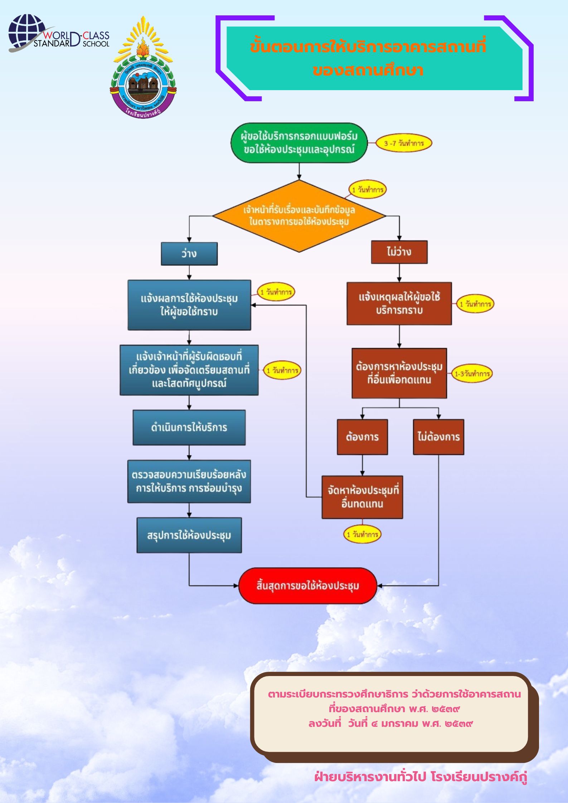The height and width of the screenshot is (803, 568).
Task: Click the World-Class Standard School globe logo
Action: pyautogui.click(x=27, y=33)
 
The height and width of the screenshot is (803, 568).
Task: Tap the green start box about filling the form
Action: pyautogui.click(x=299, y=143)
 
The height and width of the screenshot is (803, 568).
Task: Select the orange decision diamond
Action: pyautogui.click(x=299, y=216)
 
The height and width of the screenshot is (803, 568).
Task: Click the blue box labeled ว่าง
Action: pyautogui.click(x=189, y=254)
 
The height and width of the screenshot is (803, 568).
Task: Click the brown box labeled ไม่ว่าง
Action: pyautogui.click(x=399, y=252)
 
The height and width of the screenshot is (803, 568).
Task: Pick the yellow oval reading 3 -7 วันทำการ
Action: pyautogui.click(x=404, y=143)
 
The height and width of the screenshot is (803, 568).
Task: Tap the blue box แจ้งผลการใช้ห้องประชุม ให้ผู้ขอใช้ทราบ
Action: pyautogui.click(x=189, y=305)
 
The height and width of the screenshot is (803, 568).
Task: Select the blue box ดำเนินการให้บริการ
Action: pyautogui.click(x=189, y=427)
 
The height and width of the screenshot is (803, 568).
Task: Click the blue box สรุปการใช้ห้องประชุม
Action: pyautogui.click(x=189, y=535)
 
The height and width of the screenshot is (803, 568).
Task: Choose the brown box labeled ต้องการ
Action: pyautogui.click(x=362, y=437)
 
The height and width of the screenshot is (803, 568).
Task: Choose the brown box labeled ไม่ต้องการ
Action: pyautogui.click(x=438, y=437)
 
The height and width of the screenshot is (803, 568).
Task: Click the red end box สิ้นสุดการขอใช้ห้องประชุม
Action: pyautogui.click(x=308, y=586)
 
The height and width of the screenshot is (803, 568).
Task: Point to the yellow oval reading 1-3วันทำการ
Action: pyautogui.click(x=472, y=374)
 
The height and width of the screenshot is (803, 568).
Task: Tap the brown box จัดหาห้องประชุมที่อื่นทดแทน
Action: pyautogui.click(x=362, y=497)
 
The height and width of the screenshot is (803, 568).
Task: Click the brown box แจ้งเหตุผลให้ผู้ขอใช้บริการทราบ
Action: pyautogui.click(x=399, y=303)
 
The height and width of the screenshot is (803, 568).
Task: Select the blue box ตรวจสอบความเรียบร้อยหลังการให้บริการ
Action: pyautogui.click(x=189, y=481)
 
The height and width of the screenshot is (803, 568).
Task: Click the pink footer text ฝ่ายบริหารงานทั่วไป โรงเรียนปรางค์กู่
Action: pyautogui.click(x=421, y=777)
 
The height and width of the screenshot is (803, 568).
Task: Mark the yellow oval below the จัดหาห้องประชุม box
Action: pyautogui.click(x=362, y=534)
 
